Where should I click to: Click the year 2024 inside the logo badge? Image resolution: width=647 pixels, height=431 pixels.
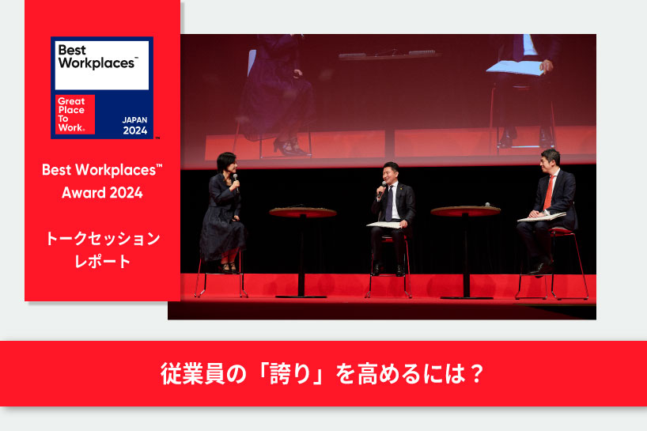point(135,130)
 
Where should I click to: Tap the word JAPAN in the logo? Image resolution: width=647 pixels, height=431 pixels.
point(134,120)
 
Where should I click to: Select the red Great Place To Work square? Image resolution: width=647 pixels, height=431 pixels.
point(75,114)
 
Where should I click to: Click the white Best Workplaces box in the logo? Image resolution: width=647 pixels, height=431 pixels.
point(102,65)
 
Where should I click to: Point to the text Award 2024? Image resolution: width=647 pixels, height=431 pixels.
point(102,193)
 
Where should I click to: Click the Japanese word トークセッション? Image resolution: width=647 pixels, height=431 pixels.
point(102,238)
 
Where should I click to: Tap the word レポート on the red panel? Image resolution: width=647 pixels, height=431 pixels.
point(102,261)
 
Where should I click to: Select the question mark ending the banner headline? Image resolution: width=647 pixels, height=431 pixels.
point(476,374)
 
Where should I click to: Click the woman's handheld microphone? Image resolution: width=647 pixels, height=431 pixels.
point(236,181)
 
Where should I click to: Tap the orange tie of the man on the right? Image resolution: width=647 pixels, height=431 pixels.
point(548,193)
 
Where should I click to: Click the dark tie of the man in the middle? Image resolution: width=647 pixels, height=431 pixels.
point(389,203)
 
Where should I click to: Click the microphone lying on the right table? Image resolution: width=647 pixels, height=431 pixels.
point(487,205)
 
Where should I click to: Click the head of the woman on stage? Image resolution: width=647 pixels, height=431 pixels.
point(227,163)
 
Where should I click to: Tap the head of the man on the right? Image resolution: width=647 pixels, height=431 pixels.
point(551,161)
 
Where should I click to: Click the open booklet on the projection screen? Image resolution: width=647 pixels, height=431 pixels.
point(515,68)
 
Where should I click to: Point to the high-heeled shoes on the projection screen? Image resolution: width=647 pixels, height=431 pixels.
point(289,147)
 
